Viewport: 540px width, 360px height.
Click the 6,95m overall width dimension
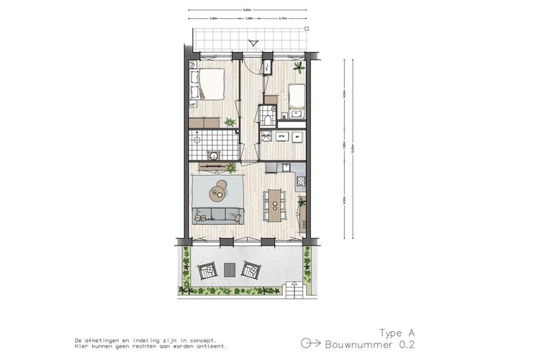248,10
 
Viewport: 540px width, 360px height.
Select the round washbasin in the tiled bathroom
213,155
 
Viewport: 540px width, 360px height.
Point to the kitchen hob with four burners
301,179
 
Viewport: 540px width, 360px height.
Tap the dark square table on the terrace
230,269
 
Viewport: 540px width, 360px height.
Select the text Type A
397,333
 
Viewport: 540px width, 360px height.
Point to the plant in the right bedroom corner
298,68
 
